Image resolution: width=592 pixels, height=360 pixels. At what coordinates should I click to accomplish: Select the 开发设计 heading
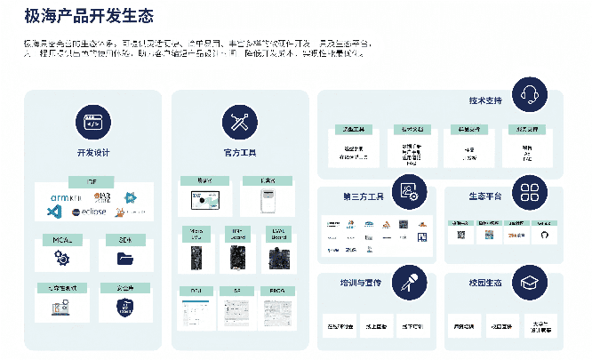point(93,153)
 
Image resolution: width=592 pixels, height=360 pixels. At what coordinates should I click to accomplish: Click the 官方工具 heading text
point(239,153)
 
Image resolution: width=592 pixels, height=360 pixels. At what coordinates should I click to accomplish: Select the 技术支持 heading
point(485,100)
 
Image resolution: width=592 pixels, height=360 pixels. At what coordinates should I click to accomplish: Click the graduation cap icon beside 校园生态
point(532,281)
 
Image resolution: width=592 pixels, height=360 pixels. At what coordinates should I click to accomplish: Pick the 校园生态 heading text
point(485,283)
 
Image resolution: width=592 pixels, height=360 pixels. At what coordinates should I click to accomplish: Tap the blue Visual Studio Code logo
point(53,212)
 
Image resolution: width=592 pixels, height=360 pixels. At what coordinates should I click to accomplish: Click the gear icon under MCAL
point(61,259)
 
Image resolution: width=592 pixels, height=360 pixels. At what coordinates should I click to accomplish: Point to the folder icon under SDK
point(124,259)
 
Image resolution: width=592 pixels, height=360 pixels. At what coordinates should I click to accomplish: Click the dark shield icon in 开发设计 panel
point(124,307)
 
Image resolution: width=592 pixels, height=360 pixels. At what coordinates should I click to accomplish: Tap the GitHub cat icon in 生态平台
point(545,236)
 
